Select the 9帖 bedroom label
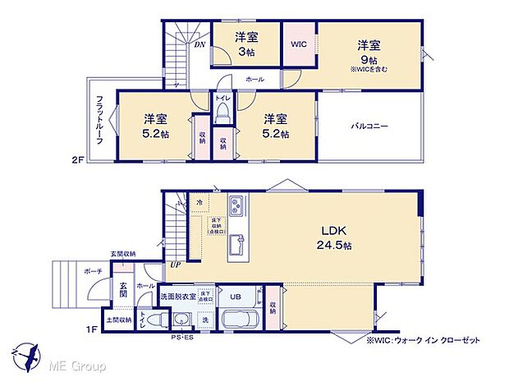(367, 53)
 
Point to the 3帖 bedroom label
(245, 44)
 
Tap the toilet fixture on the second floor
(222, 116)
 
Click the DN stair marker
(199, 45)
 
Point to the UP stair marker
(176, 265)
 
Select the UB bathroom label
(235, 297)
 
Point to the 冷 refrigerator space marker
(199, 201)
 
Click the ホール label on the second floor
(254, 80)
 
